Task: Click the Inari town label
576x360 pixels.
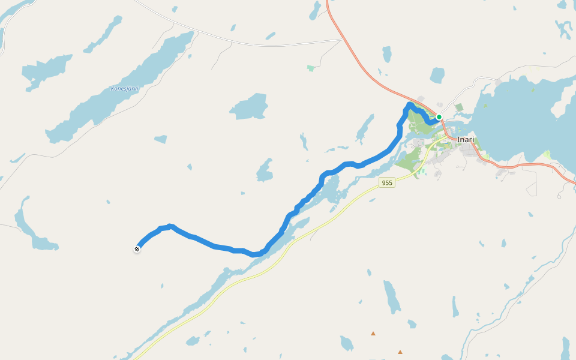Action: point(466,140)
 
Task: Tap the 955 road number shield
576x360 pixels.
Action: point(387,182)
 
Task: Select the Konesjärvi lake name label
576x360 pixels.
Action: point(124,89)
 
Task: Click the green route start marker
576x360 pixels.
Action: point(439,117)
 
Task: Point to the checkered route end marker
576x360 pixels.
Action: point(137,249)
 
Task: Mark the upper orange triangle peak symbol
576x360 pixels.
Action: point(373,333)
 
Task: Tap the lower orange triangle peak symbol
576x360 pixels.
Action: point(400,352)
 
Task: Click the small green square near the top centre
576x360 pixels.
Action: point(311,68)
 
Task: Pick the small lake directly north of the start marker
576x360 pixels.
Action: point(437,76)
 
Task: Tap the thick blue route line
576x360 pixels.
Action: point(216,246)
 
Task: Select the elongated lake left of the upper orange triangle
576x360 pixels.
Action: point(391,297)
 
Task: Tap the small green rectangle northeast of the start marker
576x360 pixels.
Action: point(459,107)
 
